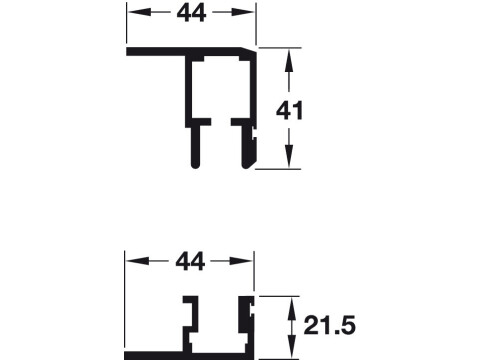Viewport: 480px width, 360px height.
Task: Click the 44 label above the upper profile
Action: click(190, 13)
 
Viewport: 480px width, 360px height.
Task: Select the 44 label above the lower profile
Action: click(190, 262)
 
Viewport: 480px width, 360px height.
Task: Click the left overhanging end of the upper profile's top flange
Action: click(131, 52)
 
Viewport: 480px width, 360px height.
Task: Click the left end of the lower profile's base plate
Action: click(130, 354)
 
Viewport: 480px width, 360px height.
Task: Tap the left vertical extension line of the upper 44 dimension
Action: click(126, 25)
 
